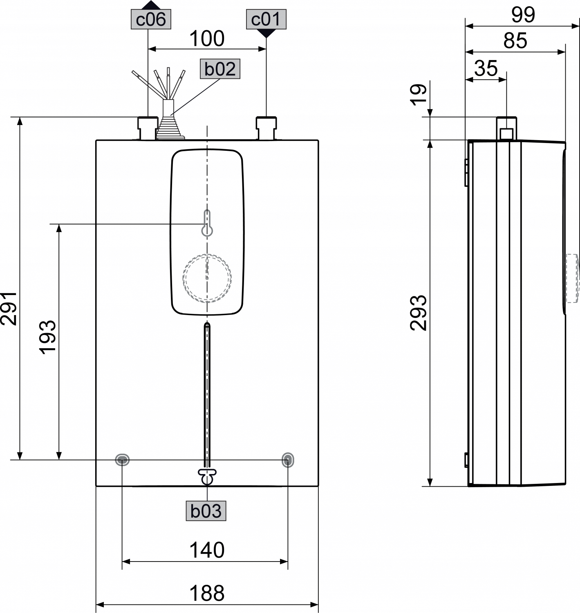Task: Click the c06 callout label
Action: tap(151, 20)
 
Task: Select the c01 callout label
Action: tap(266, 20)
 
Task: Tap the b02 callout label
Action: tap(220, 69)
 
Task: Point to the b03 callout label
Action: tap(206, 511)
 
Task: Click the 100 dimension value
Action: tap(207, 39)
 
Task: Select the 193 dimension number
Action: tap(47, 337)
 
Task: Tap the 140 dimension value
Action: tap(207, 550)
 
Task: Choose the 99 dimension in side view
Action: tap(523, 15)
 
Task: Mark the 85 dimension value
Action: tap(515, 41)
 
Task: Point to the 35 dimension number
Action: tap(486, 68)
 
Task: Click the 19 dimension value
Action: tap(419, 95)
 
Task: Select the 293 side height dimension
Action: tap(419, 313)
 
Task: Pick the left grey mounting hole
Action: tap(122, 460)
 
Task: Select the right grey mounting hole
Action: tap(288, 460)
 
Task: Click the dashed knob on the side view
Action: tap(572, 278)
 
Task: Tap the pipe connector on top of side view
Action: tap(506, 128)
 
